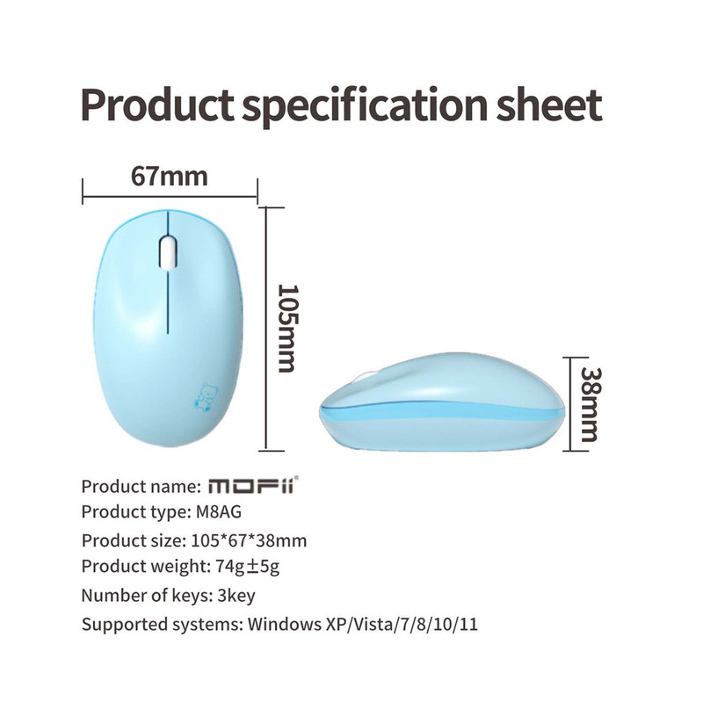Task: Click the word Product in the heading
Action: pos(157,105)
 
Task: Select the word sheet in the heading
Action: pos(549,105)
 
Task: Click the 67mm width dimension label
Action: pos(170,177)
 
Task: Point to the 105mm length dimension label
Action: pos(287,328)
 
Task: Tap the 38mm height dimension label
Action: pos(591,404)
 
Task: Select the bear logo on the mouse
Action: pos(207,397)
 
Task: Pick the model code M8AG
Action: pos(219,511)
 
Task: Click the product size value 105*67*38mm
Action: pos(249,540)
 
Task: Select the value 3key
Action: pos(236,596)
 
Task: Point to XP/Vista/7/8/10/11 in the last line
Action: pos(402,625)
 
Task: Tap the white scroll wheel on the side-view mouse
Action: pos(364,377)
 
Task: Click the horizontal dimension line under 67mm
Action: pos(170,196)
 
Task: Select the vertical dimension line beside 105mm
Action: pos(266,329)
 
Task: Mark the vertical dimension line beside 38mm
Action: pos(570,404)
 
